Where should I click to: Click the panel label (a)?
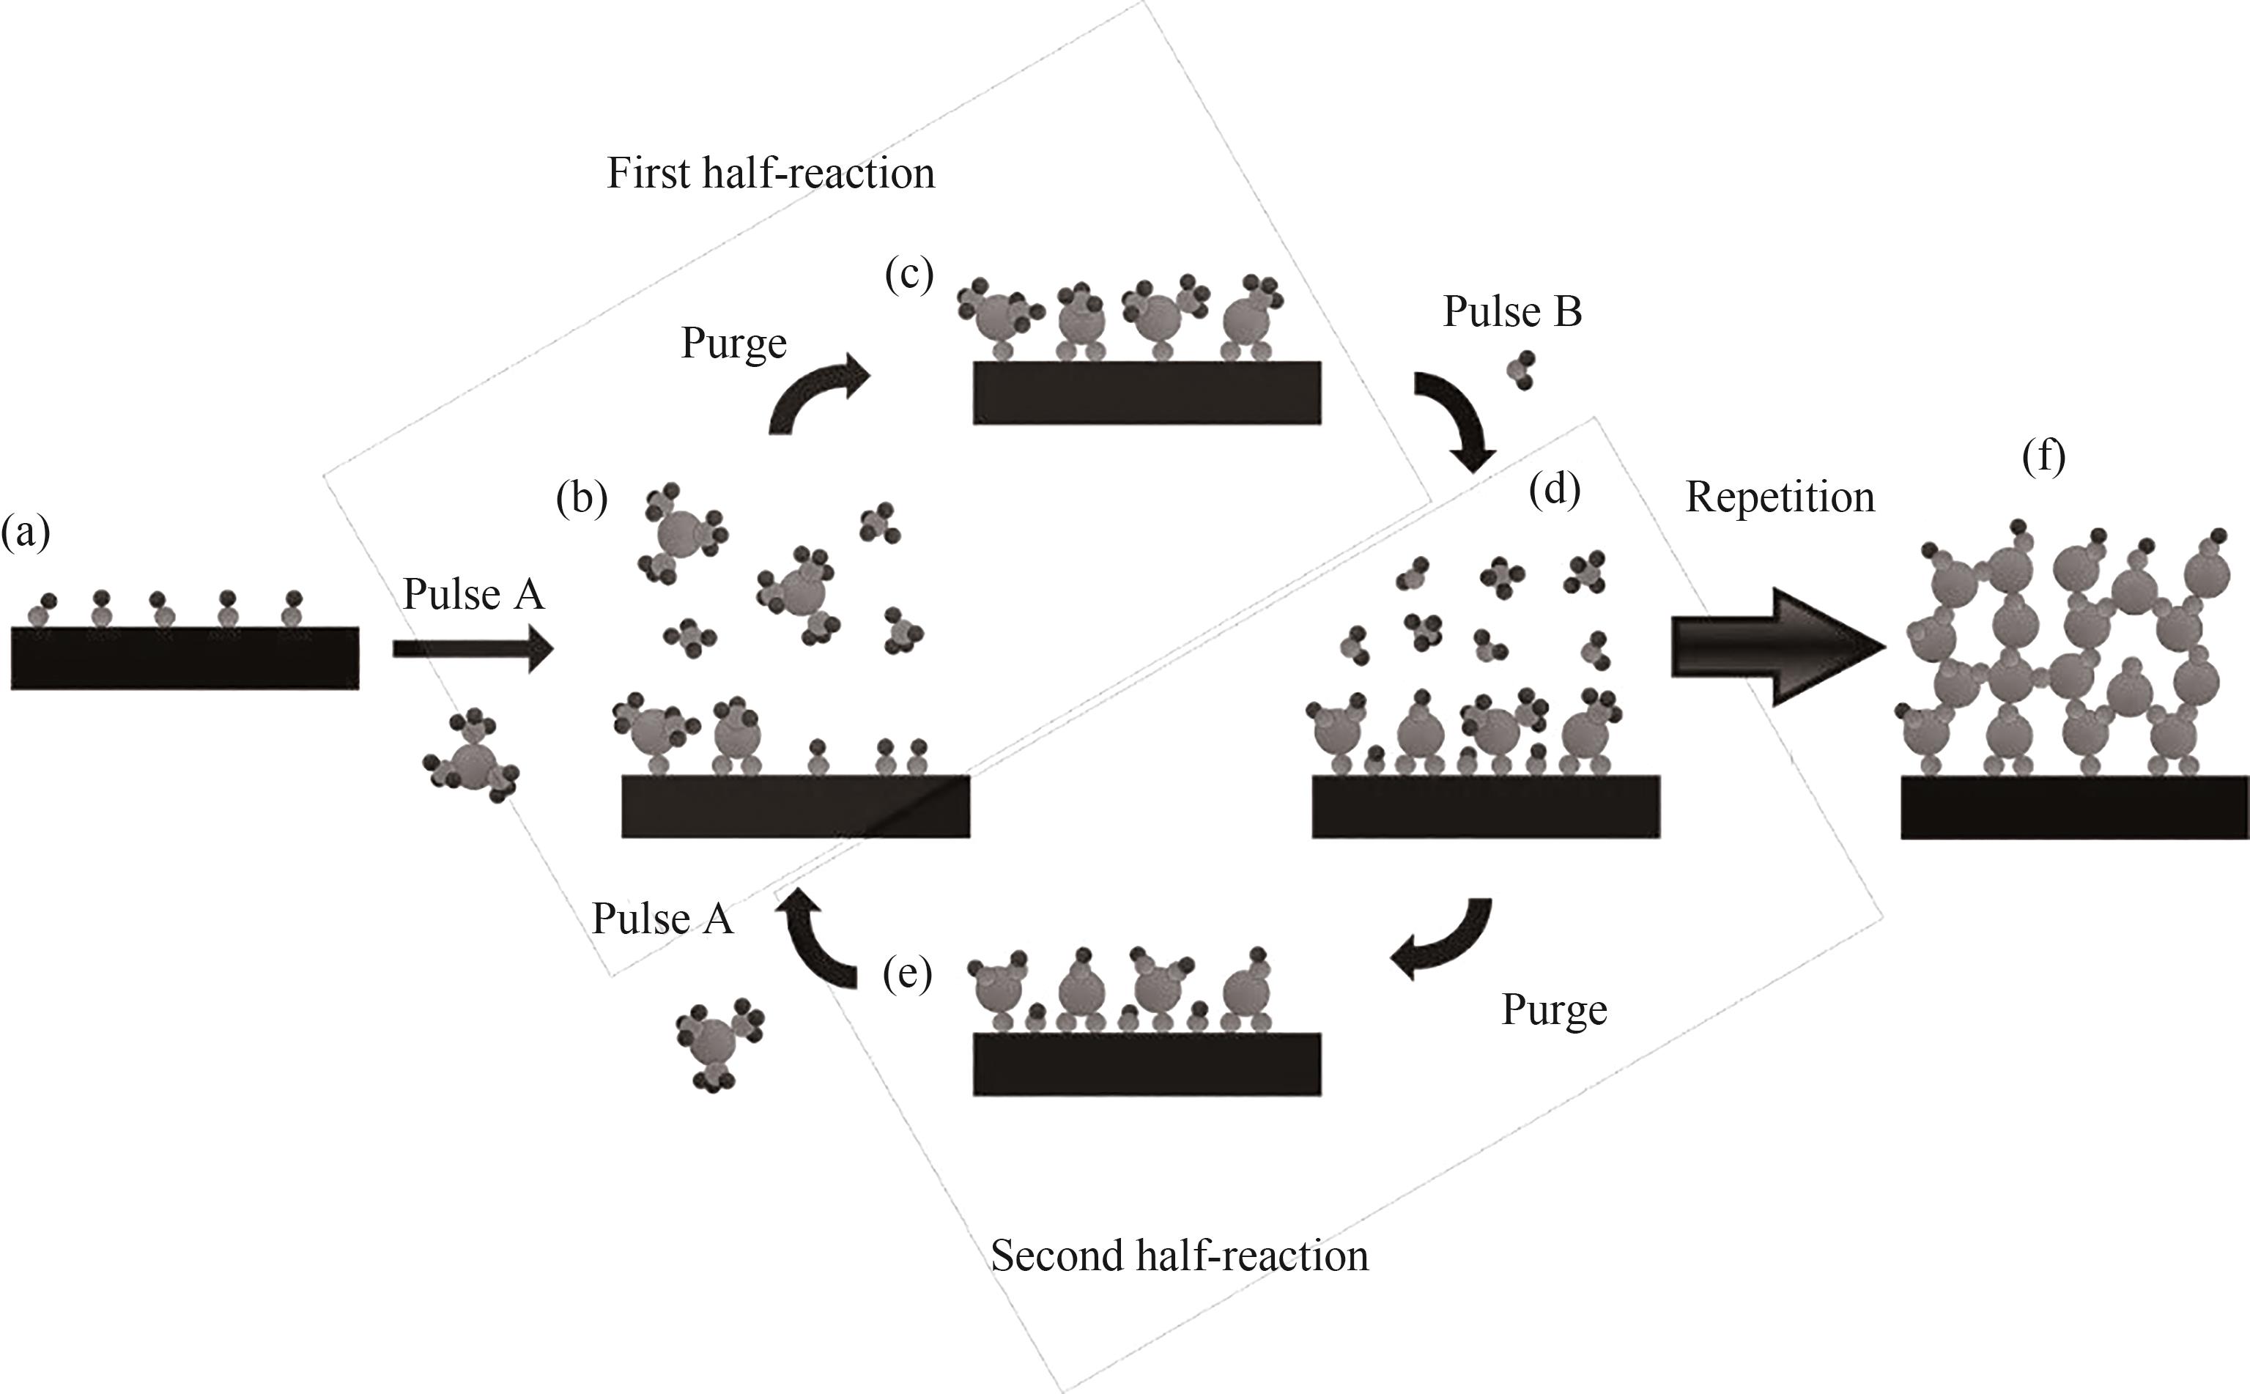(x=25, y=532)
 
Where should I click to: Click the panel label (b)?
(x=582, y=499)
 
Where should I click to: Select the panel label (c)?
(x=909, y=274)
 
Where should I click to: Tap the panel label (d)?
(x=1555, y=489)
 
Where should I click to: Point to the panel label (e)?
(x=907, y=974)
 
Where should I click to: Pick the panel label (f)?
(x=2043, y=456)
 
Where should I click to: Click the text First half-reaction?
(x=770, y=174)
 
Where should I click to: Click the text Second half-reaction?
(x=1180, y=1256)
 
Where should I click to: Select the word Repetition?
(x=1780, y=498)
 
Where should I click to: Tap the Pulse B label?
(x=1512, y=311)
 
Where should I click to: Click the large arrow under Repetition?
(x=1775, y=646)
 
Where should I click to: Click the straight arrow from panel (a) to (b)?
(x=472, y=649)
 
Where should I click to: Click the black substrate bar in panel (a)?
(x=185, y=659)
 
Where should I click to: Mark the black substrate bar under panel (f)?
(x=2075, y=808)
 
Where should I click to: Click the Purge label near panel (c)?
(x=733, y=344)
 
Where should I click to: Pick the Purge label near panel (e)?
(x=1554, y=1009)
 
